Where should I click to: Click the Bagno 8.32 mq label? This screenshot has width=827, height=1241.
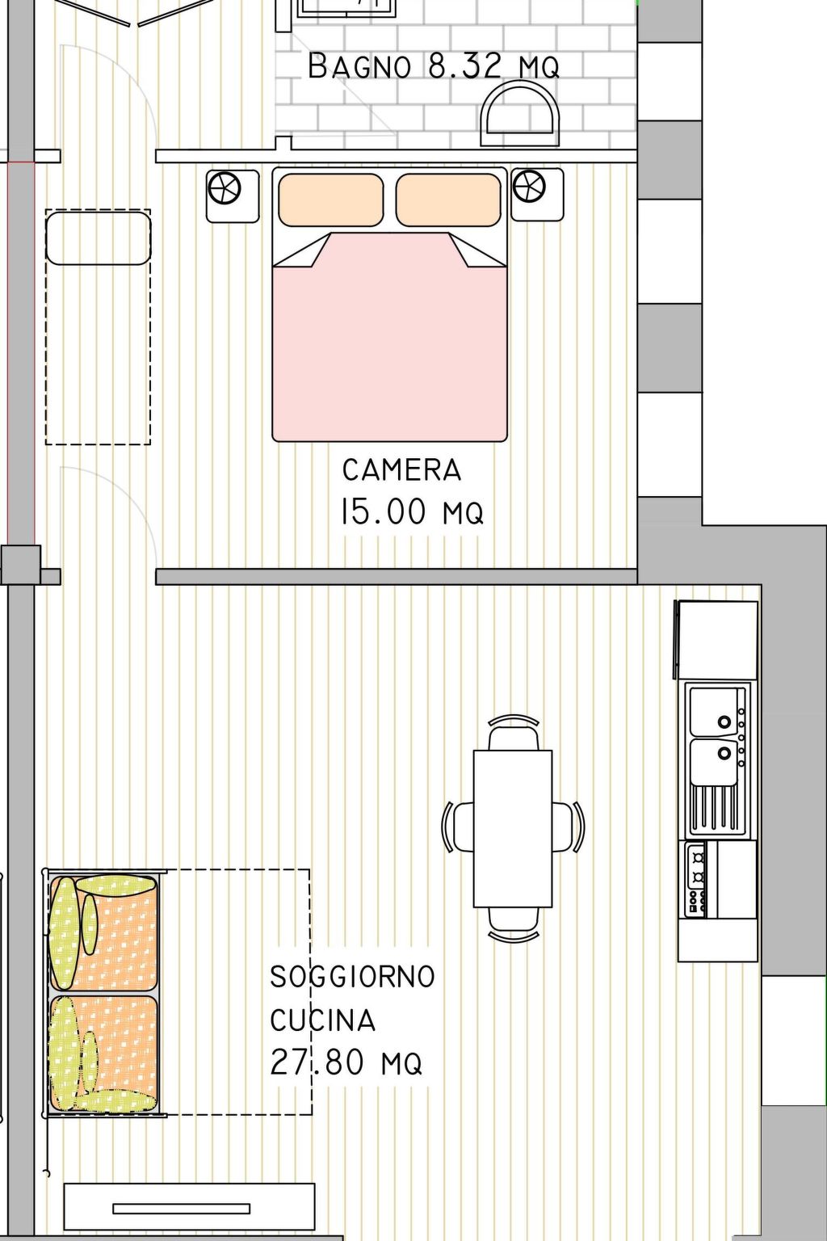[434, 65]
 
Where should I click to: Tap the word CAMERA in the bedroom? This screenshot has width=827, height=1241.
[401, 469]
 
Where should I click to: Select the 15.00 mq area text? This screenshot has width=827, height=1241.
[412, 511]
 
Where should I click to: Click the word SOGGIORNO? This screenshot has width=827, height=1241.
[352, 976]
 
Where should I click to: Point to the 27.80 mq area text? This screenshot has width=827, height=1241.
[346, 1062]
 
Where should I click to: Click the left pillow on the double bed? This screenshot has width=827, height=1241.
[330, 200]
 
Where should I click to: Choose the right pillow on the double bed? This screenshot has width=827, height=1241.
[448, 200]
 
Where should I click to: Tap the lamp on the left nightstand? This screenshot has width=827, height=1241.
[225, 189]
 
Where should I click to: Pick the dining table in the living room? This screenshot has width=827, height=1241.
[512, 828]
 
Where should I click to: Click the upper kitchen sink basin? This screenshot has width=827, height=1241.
[716, 709]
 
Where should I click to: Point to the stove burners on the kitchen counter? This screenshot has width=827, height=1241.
[696, 878]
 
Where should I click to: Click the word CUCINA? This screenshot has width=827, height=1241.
[323, 1020]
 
